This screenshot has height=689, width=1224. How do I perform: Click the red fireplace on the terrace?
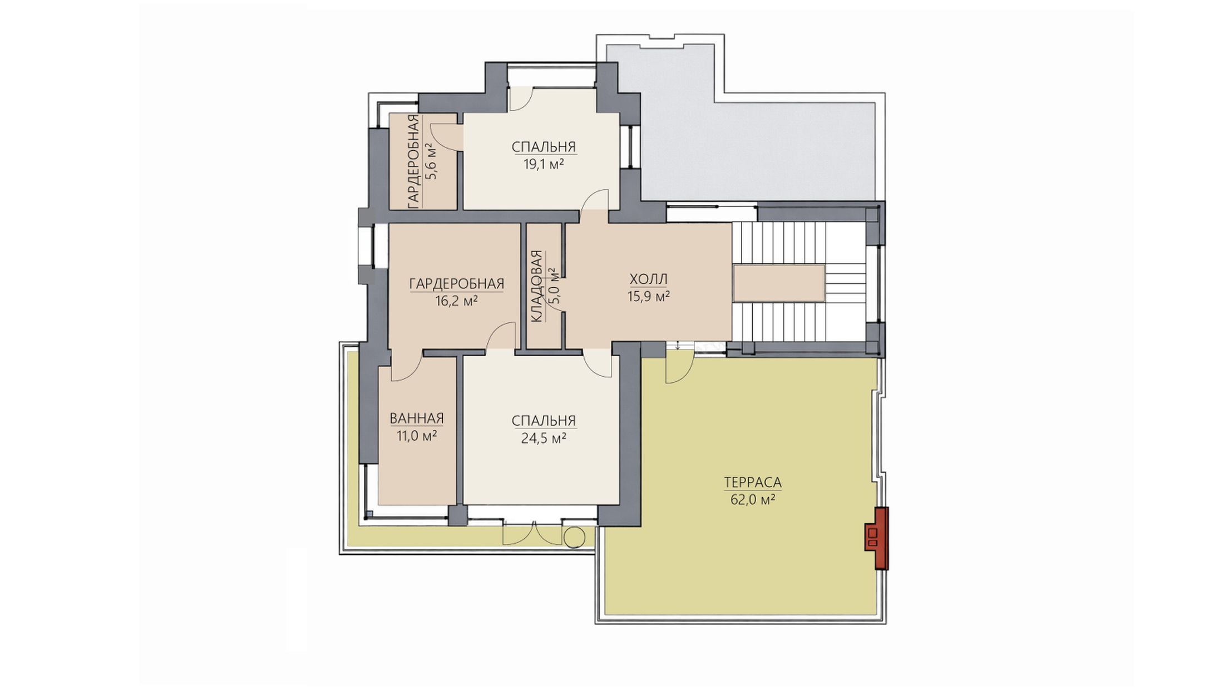click(877, 538)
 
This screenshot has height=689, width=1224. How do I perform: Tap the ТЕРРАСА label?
click(753, 482)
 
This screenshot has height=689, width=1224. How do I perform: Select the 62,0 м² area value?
click(753, 500)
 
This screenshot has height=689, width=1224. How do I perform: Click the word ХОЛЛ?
click(648, 279)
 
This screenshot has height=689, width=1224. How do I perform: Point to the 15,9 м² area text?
click(648, 296)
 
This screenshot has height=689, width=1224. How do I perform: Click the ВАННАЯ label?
click(417, 418)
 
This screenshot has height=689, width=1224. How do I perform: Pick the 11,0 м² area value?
click(417, 435)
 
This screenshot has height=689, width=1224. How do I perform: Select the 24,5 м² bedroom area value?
click(544, 438)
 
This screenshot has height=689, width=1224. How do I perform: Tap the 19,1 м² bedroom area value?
click(544, 164)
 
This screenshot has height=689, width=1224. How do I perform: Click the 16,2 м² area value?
click(457, 301)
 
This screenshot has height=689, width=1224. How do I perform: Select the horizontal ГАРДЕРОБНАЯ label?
click(457, 284)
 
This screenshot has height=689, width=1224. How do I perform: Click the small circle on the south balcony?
click(574, 538)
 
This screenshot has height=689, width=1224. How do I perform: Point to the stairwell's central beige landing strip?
click(778, 283)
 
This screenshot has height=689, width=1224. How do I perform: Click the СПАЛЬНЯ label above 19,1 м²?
click(544, 147)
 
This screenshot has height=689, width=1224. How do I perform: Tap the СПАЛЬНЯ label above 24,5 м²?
click(544, 421)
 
